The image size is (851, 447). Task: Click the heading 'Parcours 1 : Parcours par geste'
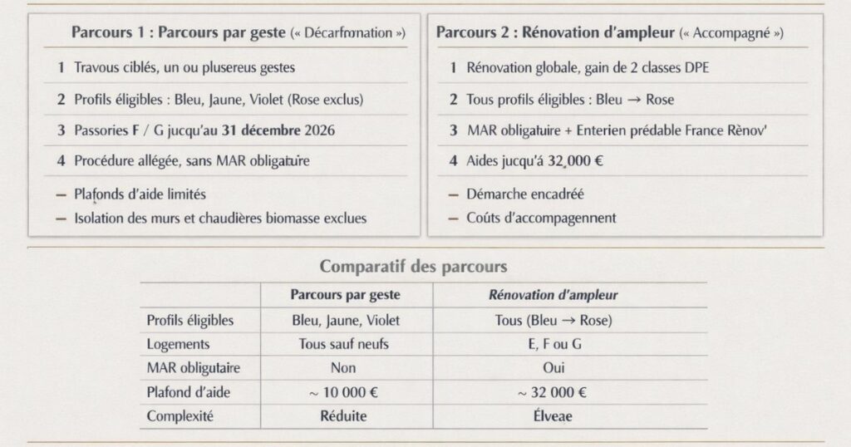[180, 34]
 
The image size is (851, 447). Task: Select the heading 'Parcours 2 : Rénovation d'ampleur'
[555, 34]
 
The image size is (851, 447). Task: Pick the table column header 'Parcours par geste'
[346, 295]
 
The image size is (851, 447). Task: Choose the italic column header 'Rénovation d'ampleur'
[553, 295]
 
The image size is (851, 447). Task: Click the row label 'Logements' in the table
[178, 344]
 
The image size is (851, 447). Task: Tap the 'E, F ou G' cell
[553, 344]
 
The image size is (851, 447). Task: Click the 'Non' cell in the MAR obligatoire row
[342, 368]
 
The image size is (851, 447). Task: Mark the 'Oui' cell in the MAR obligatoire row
[553, 368]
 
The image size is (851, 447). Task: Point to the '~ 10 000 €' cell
[344, 392]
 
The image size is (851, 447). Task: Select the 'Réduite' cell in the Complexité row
[343, 416]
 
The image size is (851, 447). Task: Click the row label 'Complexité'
[180, 416]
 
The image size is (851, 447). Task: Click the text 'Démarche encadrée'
[525, 194]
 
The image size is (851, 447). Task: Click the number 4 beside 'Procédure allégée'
[61, 161]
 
